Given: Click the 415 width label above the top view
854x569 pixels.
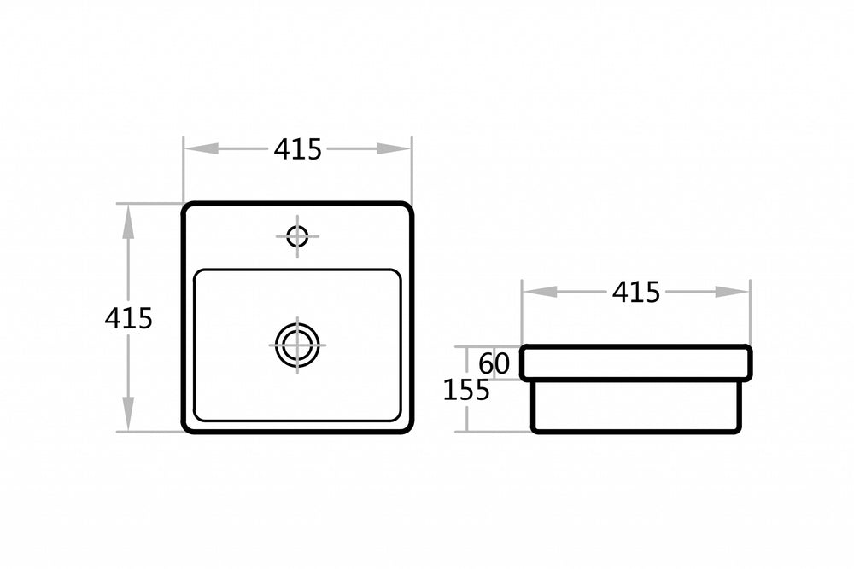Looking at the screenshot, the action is [297, 149].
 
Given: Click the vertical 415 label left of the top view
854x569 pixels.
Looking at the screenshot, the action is [129, 318].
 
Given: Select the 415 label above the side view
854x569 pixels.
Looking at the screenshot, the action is [636, 292].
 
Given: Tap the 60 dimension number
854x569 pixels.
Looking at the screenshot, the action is [494, 363].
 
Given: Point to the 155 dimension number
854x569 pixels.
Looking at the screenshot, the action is [466, 390].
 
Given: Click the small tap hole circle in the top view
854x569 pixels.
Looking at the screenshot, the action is [297, 236].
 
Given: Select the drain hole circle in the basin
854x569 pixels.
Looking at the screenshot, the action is [297, 345].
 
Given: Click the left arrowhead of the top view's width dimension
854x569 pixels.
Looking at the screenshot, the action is [201, 148].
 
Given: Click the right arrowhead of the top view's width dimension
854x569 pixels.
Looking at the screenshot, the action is [394, 148].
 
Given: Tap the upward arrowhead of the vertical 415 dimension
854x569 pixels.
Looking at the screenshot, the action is [128, 222].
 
